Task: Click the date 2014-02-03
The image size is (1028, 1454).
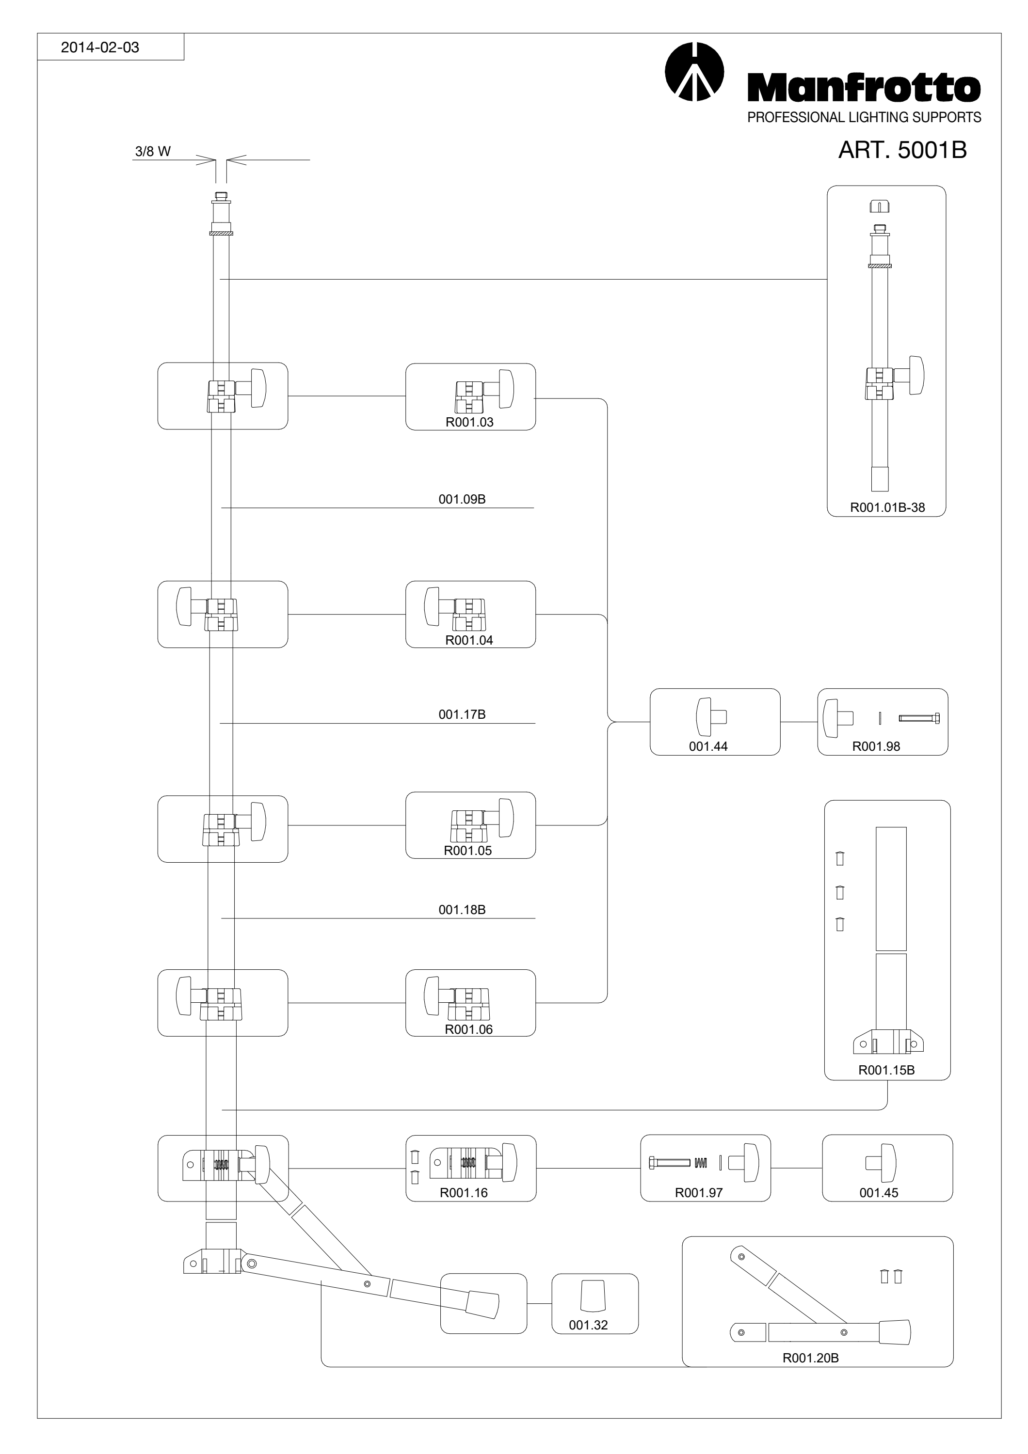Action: [99, 47]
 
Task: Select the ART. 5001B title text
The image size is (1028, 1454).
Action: [902, 150]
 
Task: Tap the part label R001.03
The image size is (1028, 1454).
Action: [469, 423]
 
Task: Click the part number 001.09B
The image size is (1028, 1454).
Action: [462, 499]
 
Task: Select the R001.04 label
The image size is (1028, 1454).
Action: [469, 640]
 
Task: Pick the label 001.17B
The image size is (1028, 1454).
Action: [462, 714]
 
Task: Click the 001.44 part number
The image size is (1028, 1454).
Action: [708, 747]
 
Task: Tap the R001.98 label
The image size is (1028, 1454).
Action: [876, 747]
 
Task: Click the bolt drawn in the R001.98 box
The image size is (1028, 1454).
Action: [919, 718]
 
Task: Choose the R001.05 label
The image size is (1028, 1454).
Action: [467, 851]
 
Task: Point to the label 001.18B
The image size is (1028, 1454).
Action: [462, 910]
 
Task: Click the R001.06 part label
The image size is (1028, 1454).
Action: [469, 1030]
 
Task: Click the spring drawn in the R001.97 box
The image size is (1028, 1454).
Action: [701, 1163]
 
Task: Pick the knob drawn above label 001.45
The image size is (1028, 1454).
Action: [881, 1163]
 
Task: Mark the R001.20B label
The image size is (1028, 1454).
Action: [811, 1358]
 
